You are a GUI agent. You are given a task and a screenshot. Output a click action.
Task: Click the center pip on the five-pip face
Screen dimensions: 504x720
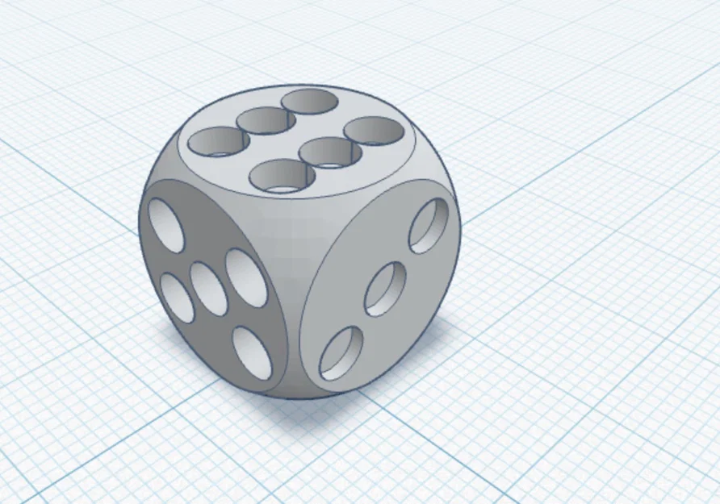click(x=208, y=289)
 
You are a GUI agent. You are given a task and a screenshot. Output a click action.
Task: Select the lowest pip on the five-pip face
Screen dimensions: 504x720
click(x=252, y=352)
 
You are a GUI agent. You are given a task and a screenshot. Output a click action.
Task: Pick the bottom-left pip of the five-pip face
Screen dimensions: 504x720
click(x=177, y=298)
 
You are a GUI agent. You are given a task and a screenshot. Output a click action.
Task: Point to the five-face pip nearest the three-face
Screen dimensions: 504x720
click(x=246, y=277)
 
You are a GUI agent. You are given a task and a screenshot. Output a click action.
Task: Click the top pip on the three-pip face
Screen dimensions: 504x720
click(x=429, y=226)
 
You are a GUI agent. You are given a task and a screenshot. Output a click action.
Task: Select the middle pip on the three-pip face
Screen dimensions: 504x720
click(x=385, y=289)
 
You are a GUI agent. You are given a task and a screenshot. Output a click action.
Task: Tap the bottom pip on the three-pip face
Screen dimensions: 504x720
click(x=341, y=353)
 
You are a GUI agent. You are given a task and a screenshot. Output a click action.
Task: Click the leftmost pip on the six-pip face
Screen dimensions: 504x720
click(x=219, y=141)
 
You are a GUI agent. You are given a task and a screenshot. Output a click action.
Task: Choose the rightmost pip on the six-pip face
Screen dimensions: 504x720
click(x=374, y=130)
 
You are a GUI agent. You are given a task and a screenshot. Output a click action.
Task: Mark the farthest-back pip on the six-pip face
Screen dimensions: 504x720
click(x=311, y=102)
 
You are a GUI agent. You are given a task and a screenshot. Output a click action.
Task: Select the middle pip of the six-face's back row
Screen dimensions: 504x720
click(x=265, y=121)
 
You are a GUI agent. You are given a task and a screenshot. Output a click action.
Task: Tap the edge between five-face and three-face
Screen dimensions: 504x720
click(x=294, y=323)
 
